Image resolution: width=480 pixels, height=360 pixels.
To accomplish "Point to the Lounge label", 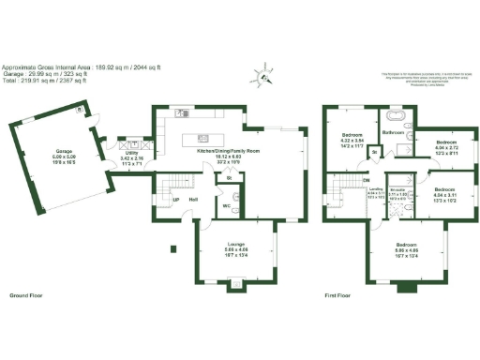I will [235, 245].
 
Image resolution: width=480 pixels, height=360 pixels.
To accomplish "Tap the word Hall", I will [192, 200].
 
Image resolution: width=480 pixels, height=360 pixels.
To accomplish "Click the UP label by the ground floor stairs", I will [175, 200].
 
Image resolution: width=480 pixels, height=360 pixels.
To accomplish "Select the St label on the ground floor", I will [229, 176].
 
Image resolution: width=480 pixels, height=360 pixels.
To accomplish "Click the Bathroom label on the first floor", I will [394, 133].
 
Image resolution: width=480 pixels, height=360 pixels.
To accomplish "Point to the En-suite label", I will [397, 190].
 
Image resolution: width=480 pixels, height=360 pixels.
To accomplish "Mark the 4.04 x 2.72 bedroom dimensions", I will [445, 147].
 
